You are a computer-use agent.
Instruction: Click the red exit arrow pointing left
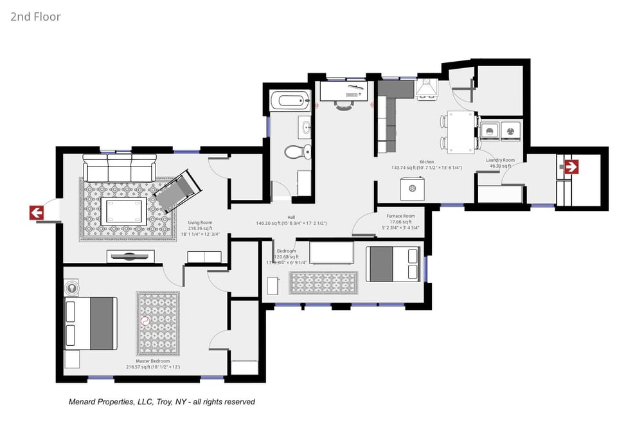coord(37,213)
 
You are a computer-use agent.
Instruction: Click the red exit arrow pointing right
coord(571,167)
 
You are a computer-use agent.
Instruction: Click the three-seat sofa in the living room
coord(119,168)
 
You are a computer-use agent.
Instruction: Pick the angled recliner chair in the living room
coord(178,191)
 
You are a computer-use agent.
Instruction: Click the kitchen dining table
coord(461,132)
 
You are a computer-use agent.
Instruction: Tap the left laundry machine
coord(490,131)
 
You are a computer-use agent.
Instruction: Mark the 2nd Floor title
coord(35,17)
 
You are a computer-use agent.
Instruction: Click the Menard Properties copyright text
coord(161,402)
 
